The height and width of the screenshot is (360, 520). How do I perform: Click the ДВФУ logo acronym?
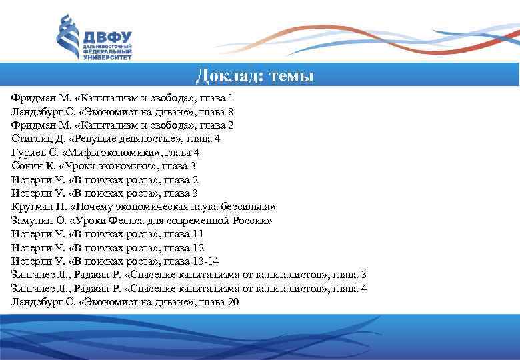coord(107,37)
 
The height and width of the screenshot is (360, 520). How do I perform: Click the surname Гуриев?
coord(27,153)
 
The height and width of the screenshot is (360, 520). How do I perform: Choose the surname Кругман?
coord(31,207)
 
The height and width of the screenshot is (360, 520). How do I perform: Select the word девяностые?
coord(150,139)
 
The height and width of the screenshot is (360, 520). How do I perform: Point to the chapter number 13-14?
coord(224,261)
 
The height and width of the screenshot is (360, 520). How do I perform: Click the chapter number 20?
coord(233,302)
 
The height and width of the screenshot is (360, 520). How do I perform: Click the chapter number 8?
coord(230,111)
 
